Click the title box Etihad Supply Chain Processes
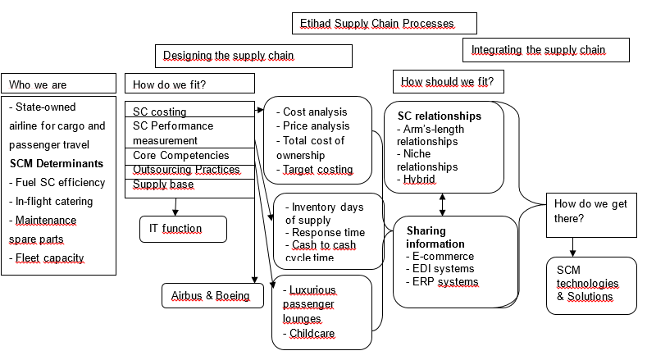(x=384, y=23)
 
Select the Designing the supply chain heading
(x=253, y=56)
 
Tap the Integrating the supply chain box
(x=546, y=50)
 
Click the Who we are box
(x=59, y=84)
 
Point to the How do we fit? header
(x=189, y=84)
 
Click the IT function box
(x=183, y=229)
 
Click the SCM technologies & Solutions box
(x=591, y=284)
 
